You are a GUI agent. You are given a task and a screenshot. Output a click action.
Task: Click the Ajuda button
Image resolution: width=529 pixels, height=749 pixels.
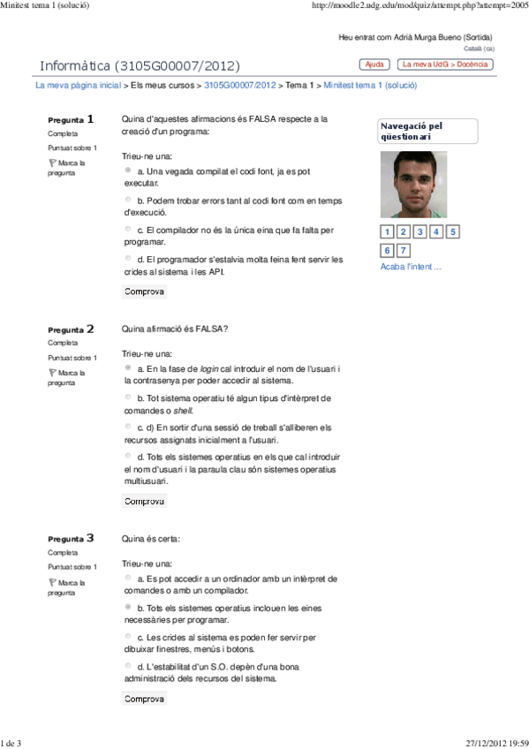tap(374, 64)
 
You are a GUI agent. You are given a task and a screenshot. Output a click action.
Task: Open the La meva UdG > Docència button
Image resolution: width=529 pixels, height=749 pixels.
tap(445, 64)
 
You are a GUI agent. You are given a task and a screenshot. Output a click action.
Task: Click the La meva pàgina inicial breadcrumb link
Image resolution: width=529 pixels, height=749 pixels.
tap(78, 86)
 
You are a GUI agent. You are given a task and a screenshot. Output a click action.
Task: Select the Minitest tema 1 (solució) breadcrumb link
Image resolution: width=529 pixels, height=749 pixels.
tap(370, 86)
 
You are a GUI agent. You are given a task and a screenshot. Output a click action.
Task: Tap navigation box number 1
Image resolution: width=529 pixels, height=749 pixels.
tap(388, 232)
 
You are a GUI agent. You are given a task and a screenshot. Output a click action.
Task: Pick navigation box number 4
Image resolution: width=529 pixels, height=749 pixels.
tap(436, 232)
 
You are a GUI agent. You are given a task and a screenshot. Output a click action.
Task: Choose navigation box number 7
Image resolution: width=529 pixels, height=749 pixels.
tap(404, 251)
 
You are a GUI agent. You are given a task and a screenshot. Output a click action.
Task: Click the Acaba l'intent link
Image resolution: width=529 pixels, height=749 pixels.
tap(411, 267)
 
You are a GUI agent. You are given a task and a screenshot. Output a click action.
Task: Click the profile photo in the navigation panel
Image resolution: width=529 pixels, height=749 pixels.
tap(408, 185)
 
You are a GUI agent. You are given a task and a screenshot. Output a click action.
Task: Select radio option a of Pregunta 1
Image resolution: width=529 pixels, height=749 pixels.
tap(129, 170)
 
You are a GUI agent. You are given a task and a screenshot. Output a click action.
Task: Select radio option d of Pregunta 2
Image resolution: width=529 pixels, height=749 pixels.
tap(129, 456)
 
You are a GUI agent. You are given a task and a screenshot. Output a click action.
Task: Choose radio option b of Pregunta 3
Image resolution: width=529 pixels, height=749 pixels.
tap(129, 608)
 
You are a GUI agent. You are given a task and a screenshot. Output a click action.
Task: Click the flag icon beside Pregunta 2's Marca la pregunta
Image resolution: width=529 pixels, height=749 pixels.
tap(52, 373)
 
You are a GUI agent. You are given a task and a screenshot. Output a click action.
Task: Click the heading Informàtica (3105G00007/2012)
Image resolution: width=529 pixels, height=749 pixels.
tap(140, 66)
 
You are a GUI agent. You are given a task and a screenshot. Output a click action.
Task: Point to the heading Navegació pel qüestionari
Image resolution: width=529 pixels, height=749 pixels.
tap(412, 131)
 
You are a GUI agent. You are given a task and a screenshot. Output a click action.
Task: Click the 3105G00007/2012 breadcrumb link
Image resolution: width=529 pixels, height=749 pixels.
tap(239, 86)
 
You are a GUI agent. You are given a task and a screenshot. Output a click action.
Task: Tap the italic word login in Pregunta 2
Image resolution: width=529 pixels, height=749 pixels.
tap(209, 368)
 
